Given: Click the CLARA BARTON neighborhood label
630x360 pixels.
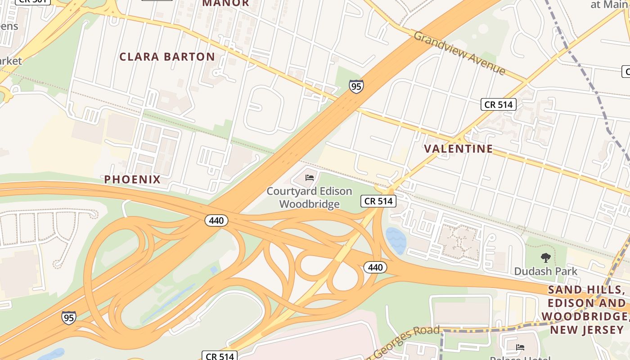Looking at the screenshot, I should [x=167, y=57].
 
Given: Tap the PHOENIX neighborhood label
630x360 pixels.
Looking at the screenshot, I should [x=132, y=180].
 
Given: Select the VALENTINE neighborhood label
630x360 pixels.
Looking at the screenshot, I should [x=459, y=148].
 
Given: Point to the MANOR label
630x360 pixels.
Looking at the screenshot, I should [x=225, y=3].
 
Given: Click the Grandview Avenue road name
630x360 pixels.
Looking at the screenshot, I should [x=459, y=53].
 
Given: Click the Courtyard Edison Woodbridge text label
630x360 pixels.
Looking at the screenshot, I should [x=309, y=198].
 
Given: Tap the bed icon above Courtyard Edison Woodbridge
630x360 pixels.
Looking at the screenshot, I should [x=310, y=178].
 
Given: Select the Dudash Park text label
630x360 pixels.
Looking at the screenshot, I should [x=546, y=271].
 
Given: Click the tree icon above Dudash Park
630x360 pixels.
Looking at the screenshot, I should [x=546, y=258].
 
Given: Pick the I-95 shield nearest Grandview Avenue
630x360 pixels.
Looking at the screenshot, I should [x=356, y=86].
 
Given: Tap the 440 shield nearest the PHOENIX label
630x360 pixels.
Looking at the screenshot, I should [x=216, y=220].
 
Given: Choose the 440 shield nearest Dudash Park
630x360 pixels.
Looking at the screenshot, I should [x=375, y=268].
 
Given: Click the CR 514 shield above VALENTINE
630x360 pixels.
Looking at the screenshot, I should [x=498, y=104].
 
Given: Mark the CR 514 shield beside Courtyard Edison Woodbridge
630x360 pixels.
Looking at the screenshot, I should [x=378, y=201].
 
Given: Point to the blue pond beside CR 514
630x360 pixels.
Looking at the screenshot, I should [x=396, y=240].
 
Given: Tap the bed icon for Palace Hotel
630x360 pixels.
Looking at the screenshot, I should [x=520, y=347].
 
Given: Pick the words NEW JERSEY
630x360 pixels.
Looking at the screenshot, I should [x=587, y=330].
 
